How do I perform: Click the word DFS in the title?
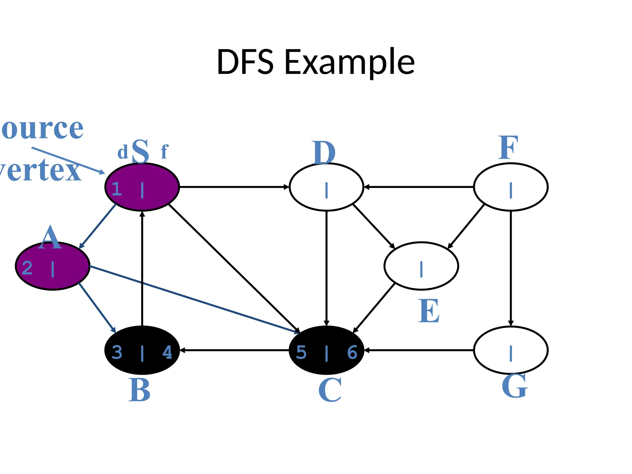click(245, 62)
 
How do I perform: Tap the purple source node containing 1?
click(142, 187)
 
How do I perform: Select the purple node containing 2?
click(52, 266)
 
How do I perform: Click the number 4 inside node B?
click(167, 352)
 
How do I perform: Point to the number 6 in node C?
click(352, 352)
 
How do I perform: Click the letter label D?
click(323, 153)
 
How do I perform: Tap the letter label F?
click(508, 148)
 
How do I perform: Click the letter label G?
click(514, 386)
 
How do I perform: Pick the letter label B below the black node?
click(139, 390)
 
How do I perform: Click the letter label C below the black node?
click(330, 390)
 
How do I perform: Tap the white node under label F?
click(511, 187)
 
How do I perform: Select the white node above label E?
click(421, 266)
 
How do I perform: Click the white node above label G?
click(511, 350)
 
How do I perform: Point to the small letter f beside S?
click(164, 152)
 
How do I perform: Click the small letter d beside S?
click(123, 152)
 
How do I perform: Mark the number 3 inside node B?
click(117, 352)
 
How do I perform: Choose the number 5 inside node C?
click(301, 352)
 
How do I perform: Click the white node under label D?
click(326, 187)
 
